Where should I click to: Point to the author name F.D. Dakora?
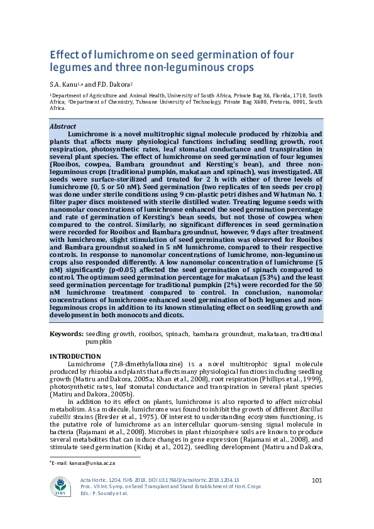(x=114, y=84)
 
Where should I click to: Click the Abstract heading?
(x=63, y=126)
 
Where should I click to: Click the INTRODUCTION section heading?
(x=77, y=357)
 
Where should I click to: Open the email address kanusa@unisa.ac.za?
(x=82, y=462)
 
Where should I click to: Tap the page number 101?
(x=317, y=481)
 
